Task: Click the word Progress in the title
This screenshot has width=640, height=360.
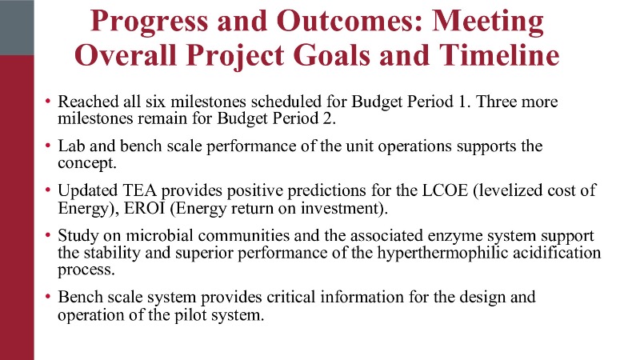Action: click(x=150, y=22)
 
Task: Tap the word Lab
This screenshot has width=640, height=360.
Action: click(x=71, y=146)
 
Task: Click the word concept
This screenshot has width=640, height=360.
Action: click(x=87, y=163)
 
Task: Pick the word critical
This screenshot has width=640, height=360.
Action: click(x=291, y=297)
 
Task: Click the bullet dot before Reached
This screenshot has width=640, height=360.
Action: click(x=48, y=101)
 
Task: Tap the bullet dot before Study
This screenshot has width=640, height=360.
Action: click(x=48, y=235)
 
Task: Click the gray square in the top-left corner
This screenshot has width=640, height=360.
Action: click(x=17, y=27)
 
